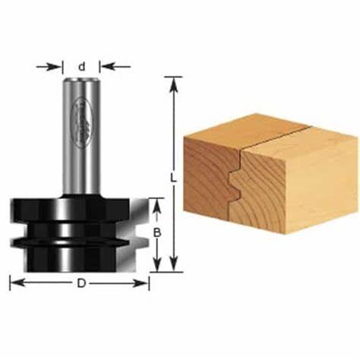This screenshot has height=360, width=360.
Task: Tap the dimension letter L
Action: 173,179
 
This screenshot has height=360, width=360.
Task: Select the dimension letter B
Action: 156,234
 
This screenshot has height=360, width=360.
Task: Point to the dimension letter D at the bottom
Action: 81,283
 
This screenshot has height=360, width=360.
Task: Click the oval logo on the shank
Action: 81,122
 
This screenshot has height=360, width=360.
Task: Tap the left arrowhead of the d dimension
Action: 58,66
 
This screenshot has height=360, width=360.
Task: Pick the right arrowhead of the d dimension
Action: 105,66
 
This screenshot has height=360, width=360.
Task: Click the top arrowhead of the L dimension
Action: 175,81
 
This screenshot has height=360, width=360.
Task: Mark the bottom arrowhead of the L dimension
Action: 175,267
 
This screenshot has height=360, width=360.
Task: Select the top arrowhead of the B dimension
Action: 156,202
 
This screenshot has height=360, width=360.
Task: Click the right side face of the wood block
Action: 296,190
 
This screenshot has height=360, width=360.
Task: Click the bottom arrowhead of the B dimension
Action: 156,267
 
